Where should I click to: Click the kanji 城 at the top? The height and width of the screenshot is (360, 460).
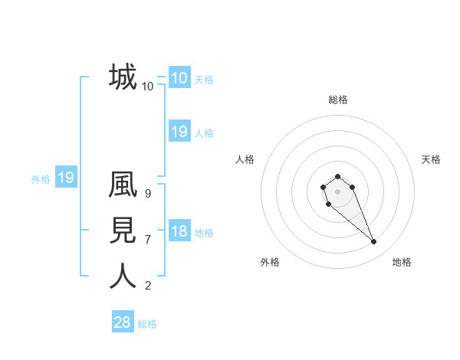pos(123,77)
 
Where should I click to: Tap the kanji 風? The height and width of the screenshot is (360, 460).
pos(123,188)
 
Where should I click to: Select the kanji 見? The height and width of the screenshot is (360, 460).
pos(123,231)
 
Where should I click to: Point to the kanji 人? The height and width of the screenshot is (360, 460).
pos(123,276)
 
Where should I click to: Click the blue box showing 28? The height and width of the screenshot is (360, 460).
pos(122,322)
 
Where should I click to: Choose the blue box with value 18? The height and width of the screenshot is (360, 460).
pos(179,232)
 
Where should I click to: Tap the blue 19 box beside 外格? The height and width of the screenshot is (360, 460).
pos(66,178)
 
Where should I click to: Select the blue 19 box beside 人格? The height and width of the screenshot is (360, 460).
pos(179,132)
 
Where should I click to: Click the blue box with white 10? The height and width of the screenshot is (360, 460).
pos(179,78)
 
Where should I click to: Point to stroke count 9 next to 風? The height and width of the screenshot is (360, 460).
pos(147,194)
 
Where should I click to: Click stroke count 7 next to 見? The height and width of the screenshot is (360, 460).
pos(147,240)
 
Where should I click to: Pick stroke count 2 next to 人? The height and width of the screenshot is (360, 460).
pos(147,286)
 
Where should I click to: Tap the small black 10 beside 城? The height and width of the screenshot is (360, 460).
pos(147,87)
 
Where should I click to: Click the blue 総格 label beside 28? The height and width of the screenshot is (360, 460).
pos(147,324)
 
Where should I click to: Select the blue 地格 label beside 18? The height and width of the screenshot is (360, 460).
pos(204,233)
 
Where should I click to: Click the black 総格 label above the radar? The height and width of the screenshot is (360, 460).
pos(337,100)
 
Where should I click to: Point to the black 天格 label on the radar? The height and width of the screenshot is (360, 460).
pos(431,159)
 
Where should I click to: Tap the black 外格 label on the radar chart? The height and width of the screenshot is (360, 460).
pos(270,262)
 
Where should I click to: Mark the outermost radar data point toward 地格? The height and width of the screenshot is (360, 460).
pos(374,242)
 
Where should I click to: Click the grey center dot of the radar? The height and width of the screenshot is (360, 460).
pos(337,191)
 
